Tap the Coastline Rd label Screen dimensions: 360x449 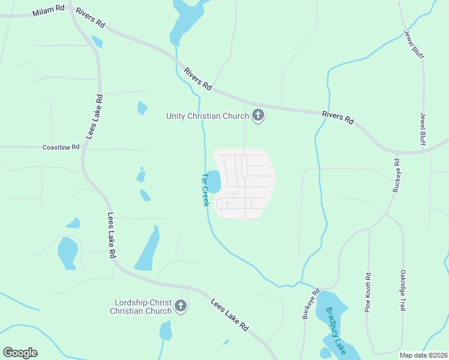[61, 147]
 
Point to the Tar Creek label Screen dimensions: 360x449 [205, 190]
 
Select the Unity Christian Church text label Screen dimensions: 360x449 [207, 116]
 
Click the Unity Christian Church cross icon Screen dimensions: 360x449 [258, 116]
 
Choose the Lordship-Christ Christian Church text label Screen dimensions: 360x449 [141, 307]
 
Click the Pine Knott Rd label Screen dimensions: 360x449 [368, 293]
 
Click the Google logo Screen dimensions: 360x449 [20, 353]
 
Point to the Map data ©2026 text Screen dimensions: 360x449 [423, 355]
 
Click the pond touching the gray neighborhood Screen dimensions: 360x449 [214, 180]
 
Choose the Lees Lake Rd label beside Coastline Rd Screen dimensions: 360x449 [95, 116]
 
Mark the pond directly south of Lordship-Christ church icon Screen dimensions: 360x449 [166, 331]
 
